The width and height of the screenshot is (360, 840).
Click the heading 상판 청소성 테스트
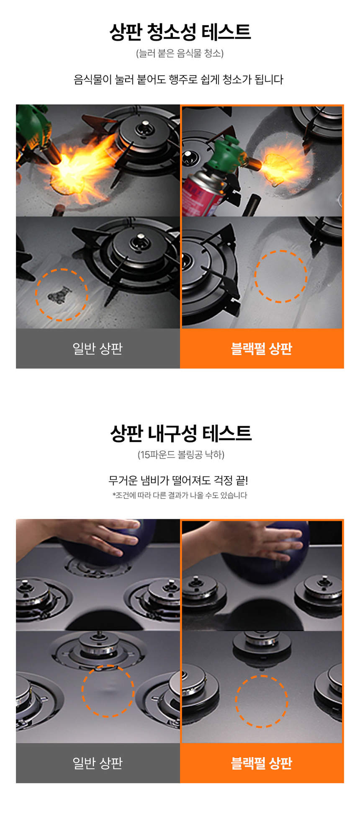pos(180,32)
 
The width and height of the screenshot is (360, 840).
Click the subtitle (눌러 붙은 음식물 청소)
pos(180,53)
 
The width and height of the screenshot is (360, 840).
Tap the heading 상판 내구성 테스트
pos(181,433)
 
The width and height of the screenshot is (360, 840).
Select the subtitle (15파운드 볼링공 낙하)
pos(181,454)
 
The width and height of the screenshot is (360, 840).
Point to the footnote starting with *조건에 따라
pos(180,495)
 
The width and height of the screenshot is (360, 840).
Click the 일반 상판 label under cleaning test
pos(98,348)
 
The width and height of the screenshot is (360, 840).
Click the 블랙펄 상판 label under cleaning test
pos(262,348)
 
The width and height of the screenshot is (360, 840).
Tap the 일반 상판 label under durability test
pos(98,763)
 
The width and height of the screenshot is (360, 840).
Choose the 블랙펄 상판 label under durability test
pos(262,763)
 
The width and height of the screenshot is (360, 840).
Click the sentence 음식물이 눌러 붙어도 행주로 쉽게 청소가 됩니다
pos(179,80)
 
